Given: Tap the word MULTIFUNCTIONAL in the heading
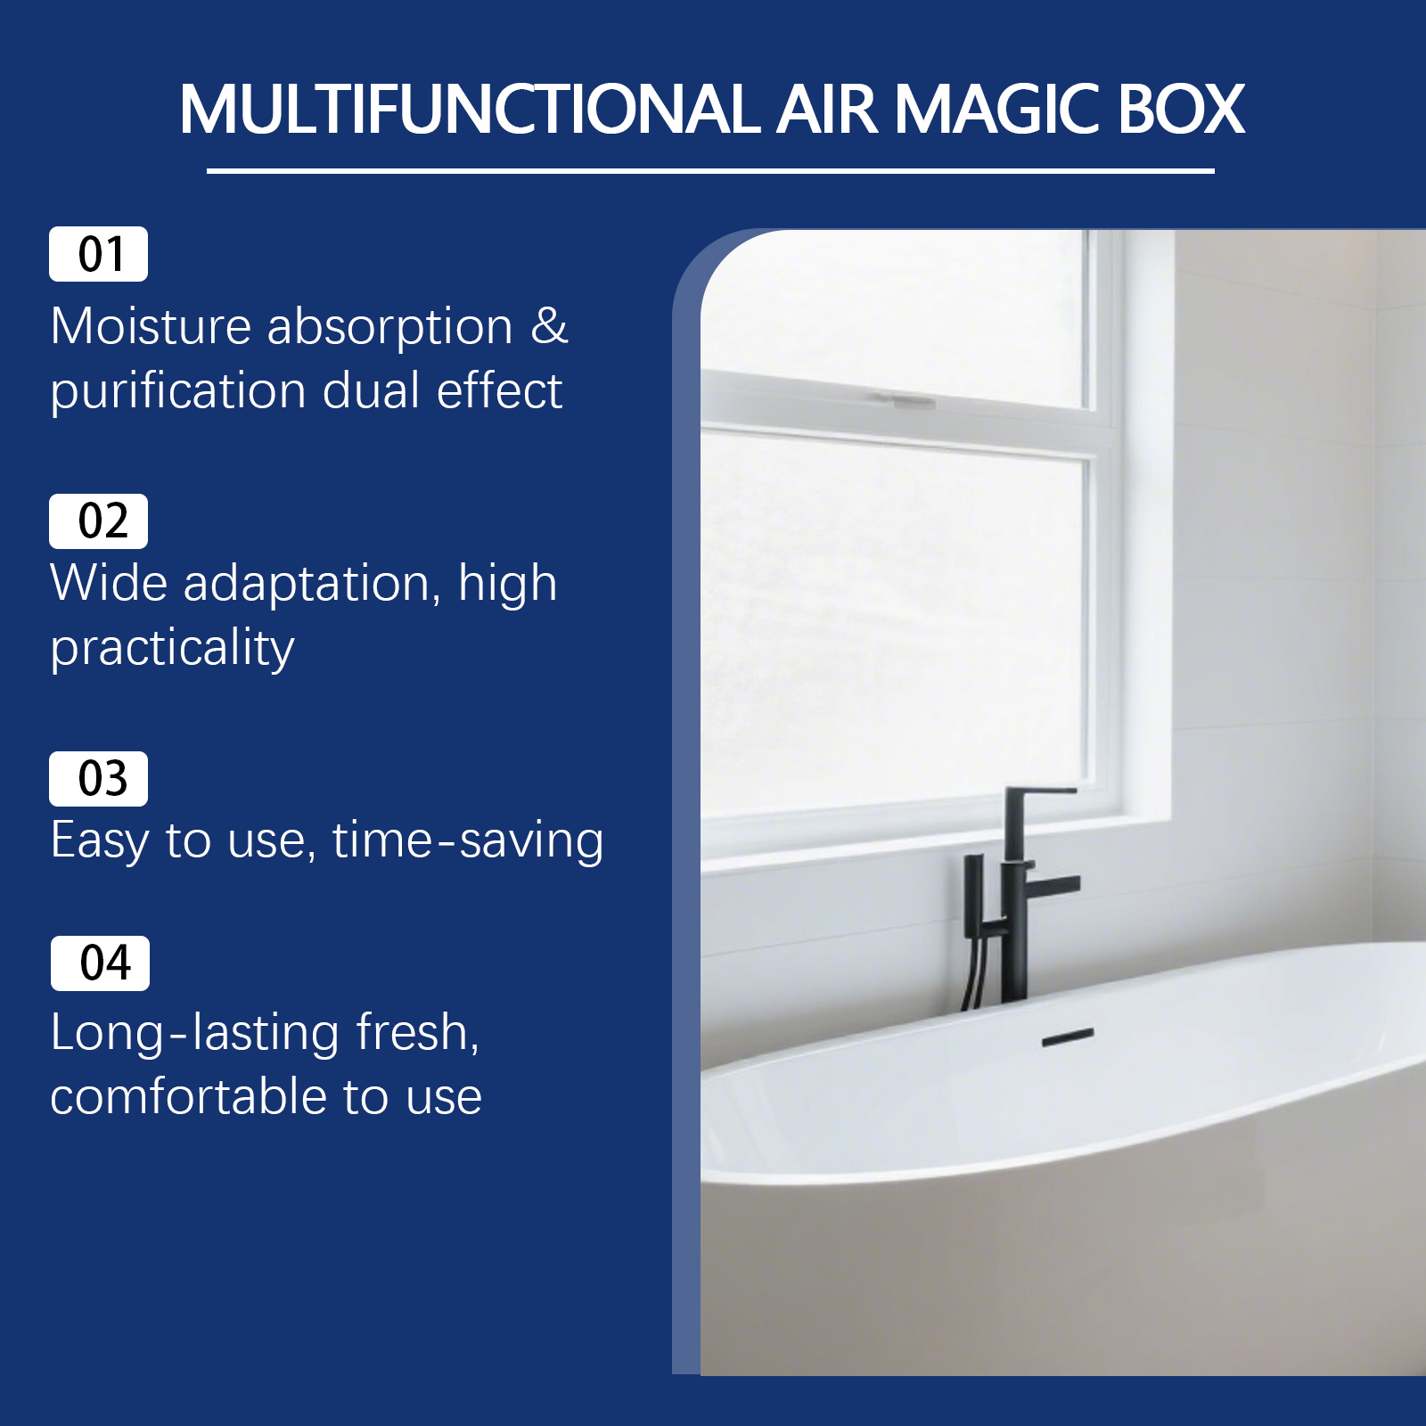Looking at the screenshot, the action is (470, 110).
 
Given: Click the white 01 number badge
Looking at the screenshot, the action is (98, 254).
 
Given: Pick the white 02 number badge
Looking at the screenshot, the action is (98, 521).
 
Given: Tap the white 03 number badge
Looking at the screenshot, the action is (98, 779).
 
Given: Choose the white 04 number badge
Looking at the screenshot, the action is (100, 963).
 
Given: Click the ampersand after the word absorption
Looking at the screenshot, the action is (549, 326).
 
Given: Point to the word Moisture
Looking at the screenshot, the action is (151, 326).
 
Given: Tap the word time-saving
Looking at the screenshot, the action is (468, 840).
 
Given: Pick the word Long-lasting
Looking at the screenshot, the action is (195, 1034).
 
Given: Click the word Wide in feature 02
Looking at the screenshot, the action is (109, 584).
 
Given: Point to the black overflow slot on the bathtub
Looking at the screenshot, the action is (1068, 1037).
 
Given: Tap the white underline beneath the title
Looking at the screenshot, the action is (710, 170).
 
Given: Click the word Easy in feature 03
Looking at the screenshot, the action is (100, 841).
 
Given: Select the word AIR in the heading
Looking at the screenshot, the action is (827, 110).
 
